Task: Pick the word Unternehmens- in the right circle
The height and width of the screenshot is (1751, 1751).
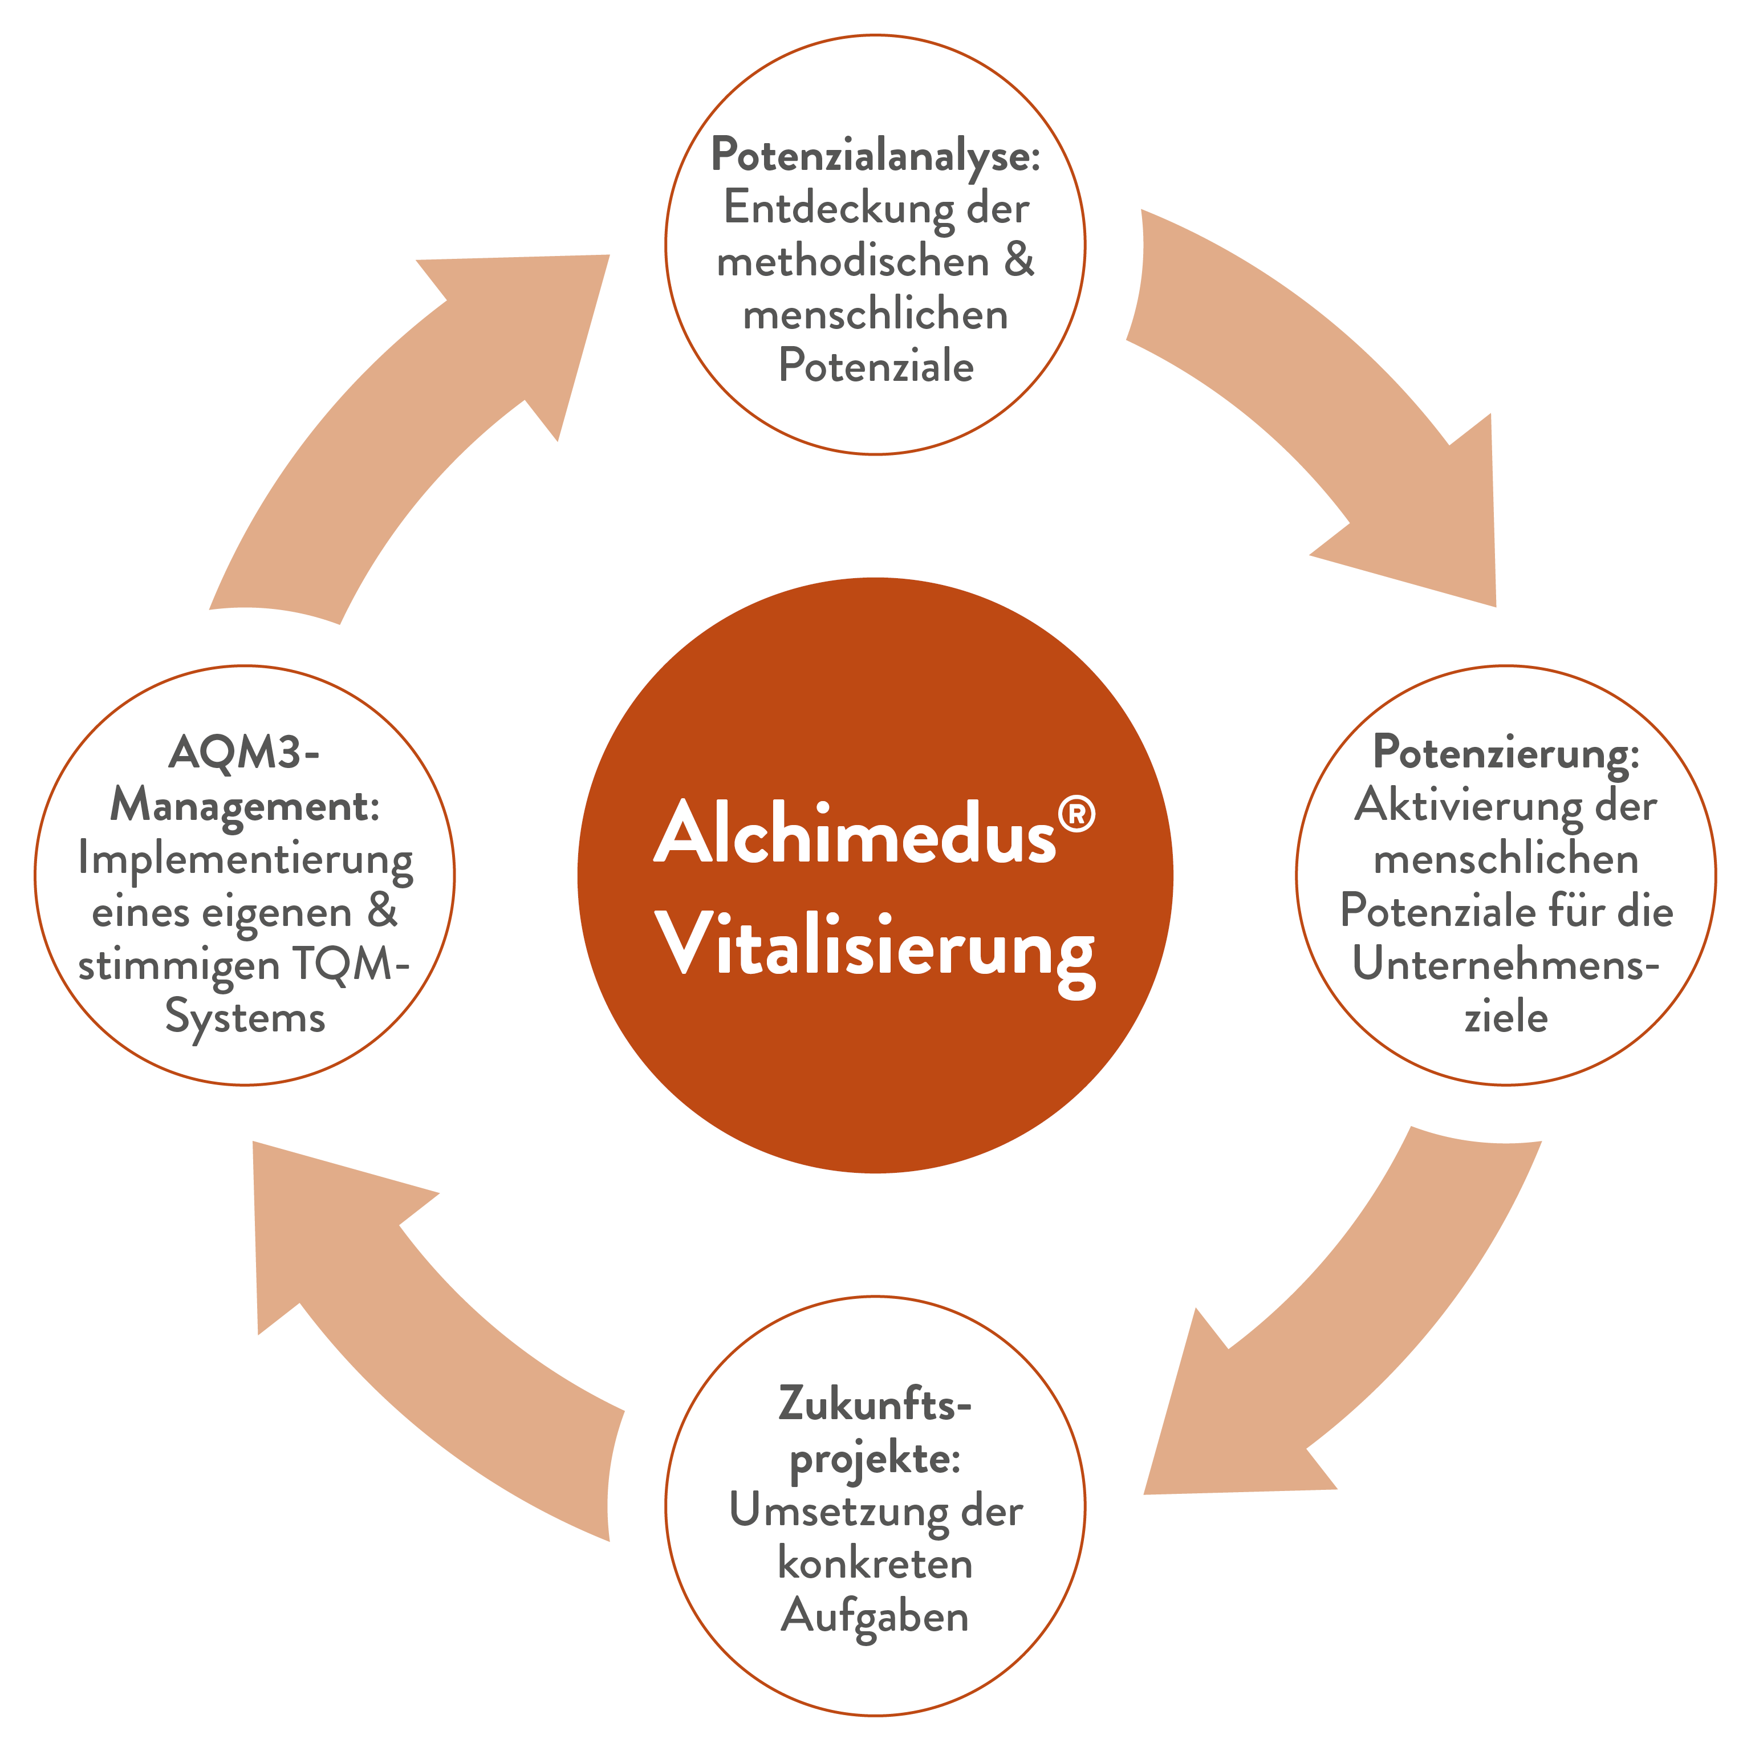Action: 1505,964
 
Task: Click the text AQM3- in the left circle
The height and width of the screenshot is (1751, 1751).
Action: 244,752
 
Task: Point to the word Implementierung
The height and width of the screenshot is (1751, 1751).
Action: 245,859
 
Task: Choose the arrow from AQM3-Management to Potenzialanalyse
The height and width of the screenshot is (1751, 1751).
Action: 399,426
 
